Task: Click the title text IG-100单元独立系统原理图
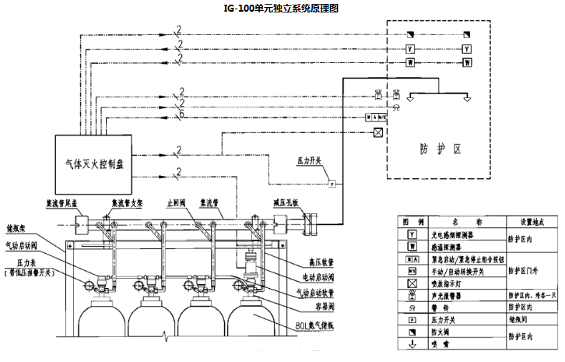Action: (x=282, y=7)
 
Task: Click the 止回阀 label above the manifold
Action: (x=174, y=202)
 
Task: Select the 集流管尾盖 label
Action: (x=65, y=202)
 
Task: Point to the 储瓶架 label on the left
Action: (x=17, y=229)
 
